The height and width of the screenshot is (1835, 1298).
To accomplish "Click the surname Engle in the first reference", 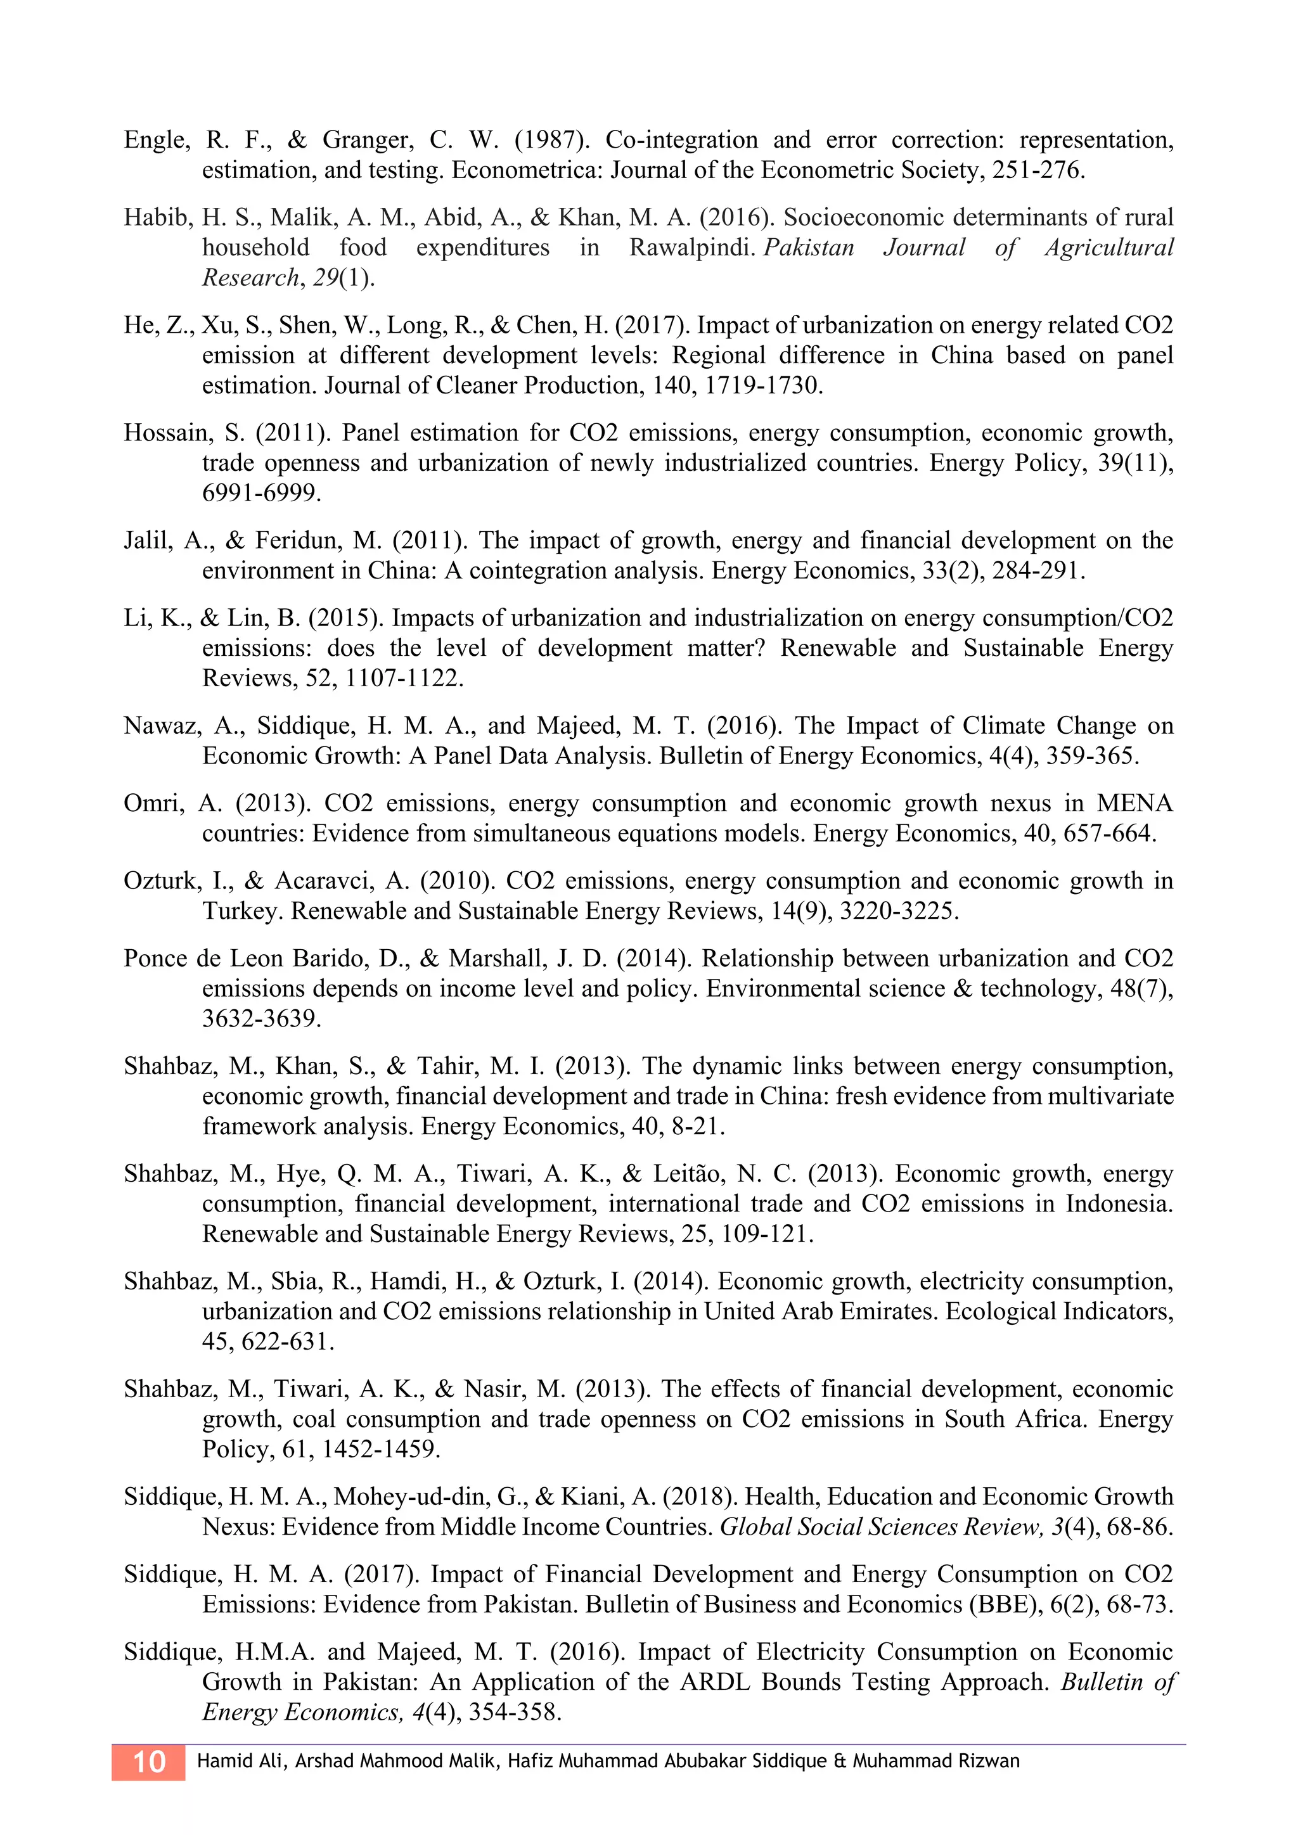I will pos(156,141).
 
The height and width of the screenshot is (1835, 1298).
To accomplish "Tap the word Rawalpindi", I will pos(692,248).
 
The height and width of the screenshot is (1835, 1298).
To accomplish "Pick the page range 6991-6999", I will pos(260,494).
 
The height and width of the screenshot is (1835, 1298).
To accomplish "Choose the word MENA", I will pos(1135,803).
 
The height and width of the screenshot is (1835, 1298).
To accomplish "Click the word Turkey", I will pos(242,911).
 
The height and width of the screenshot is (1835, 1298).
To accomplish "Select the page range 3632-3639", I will pos(260,1019).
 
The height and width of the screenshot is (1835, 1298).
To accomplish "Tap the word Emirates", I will pos(888,1312).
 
